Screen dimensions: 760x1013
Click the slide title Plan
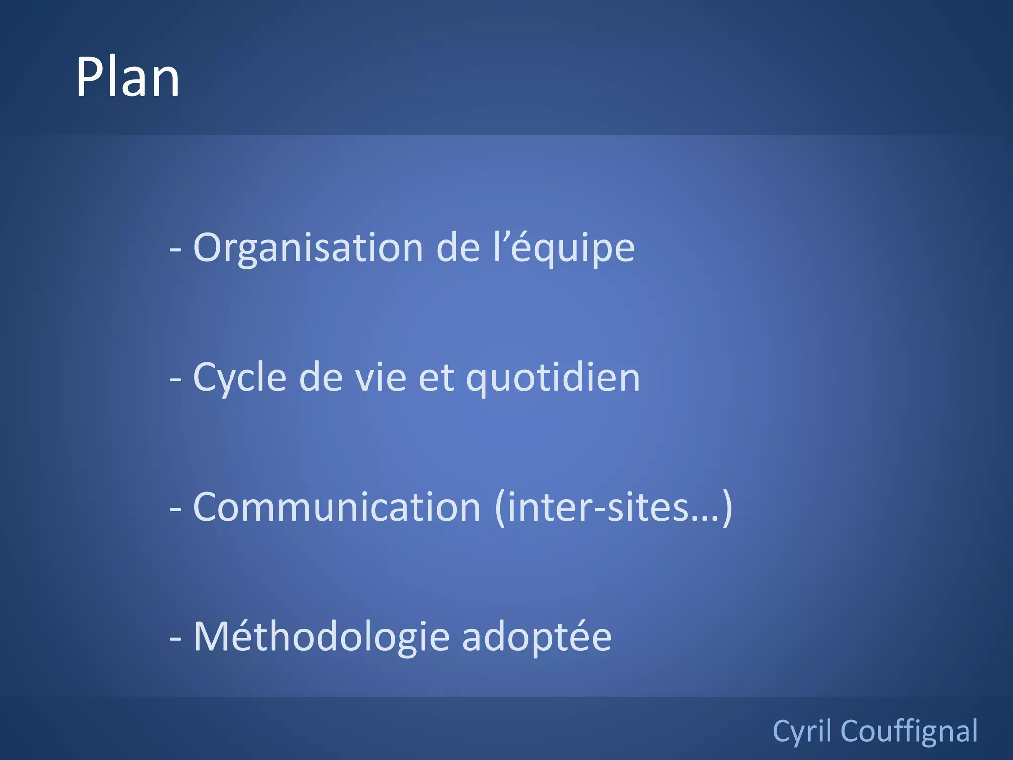click(127, 77)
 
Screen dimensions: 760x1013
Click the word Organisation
click(308, 248)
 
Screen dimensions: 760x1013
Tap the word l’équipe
click(563, 248)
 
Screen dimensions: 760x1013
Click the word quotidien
click(553, 378)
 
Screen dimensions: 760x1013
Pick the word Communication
click(337, 507)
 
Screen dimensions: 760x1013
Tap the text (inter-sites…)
click(613, 507)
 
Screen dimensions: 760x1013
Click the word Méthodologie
click(322, 637)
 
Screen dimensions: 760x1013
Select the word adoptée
click(537, 637)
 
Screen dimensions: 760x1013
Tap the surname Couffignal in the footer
click(909, 731)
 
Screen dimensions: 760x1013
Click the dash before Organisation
click(175, 249)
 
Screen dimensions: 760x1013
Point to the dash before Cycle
click(175, 379)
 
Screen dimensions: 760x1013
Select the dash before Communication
click(175, 509)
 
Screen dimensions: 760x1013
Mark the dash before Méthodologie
click(175, 638)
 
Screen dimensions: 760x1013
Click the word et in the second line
click(436, 378)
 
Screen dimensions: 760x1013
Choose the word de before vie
click(321, 378)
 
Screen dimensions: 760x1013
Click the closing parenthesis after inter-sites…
click(727, 508)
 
